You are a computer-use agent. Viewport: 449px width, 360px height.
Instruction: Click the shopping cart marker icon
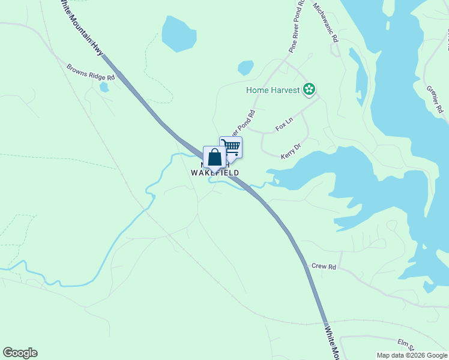point(231,146)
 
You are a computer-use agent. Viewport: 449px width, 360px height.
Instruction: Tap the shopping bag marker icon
point(214,157)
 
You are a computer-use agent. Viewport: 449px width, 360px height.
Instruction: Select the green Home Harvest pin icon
point(309,90)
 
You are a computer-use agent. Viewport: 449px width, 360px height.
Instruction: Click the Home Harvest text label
point(273,91)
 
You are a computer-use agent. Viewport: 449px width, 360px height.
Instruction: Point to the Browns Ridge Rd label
point(90,73)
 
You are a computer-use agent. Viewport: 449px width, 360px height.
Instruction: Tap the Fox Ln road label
point(284,124)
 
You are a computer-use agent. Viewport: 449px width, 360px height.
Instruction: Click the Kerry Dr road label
point(291,151)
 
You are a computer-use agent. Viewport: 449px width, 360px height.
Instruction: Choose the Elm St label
point(406,344)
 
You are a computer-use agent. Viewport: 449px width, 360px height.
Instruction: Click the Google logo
point(20,353)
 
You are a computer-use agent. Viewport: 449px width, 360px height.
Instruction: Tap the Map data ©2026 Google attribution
point(412,355)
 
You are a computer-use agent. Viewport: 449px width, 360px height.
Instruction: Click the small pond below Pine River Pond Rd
point(246,68)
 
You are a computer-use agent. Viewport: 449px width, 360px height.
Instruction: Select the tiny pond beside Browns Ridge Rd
point(104,87)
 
